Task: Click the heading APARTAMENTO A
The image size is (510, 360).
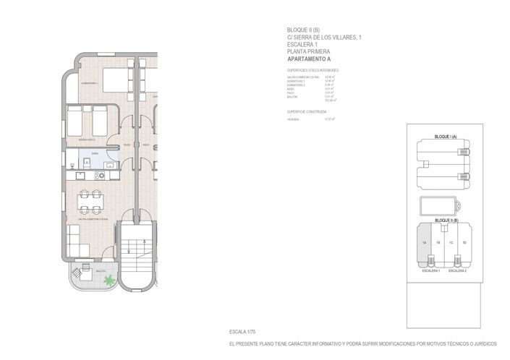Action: [309, 59]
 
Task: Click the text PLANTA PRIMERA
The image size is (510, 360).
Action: [309, 52]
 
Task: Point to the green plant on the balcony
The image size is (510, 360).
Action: [109, 280]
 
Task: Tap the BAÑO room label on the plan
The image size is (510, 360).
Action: [85, 154]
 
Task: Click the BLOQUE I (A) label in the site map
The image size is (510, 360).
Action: [443, 136]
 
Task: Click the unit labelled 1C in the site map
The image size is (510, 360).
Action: [451, 243]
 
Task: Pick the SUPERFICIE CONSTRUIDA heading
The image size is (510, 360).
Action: [307, 112]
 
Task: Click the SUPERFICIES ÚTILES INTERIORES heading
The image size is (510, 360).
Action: [313, 70]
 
